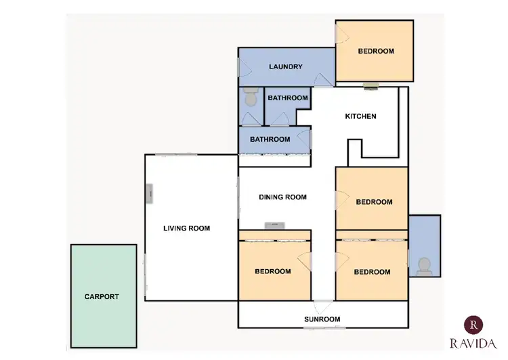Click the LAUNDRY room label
point(285,66)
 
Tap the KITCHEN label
point(360,116)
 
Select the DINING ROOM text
point(283,197)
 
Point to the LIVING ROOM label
point(186,228)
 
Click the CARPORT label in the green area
point(102,296)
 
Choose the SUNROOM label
point(322,319)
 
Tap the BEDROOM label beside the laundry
point(376,51)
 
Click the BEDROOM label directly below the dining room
point(272,271)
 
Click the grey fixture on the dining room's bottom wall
point(275,225)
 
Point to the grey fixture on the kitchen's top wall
point(370,86)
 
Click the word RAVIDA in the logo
point(473,344)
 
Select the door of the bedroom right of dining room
point(341,198)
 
